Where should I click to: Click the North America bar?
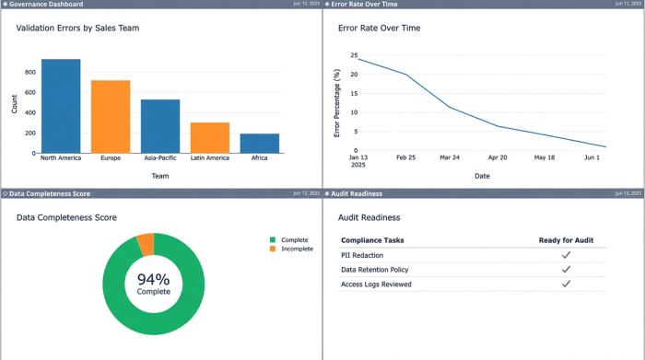(x=61, y=106)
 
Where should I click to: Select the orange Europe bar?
(x=111, y=117)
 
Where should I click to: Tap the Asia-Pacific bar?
(x=160, y=126)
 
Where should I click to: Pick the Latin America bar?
(x=210, y=137)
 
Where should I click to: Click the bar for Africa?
(x=260, y=143)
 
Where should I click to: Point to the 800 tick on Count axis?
(x=29, y=72)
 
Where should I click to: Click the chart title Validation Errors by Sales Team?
(x=77, y=29)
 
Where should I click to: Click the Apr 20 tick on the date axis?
(x=498, y=158)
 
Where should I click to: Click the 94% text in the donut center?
(x=154, y=279)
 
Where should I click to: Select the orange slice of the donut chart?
(x=145, y=244)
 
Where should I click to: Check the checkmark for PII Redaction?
(x=566, y=255)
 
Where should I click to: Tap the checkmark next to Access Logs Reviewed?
(x=566, y=285)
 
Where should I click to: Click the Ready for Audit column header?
(x=566, y=240)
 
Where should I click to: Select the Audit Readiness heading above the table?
(x=369, y=217)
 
